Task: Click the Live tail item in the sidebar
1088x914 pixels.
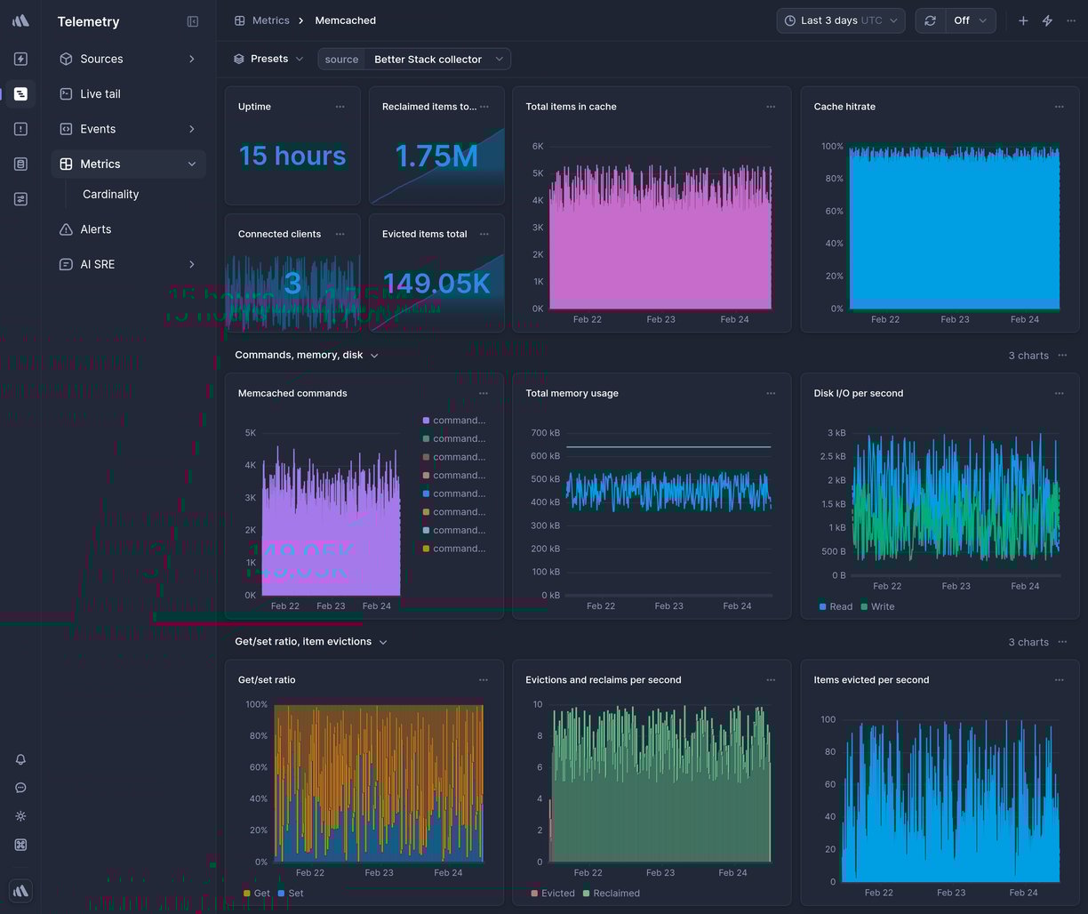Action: pos(100,93)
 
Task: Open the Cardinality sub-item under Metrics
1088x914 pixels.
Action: pos(110,194)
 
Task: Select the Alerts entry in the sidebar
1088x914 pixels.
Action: pos(95,229)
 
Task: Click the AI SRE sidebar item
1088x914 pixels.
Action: pos(97,264)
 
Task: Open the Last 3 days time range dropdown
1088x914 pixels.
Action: pos(840,20)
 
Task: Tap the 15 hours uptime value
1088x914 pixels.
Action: pos(292,156)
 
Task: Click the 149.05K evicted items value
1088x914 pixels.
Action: pos(436,284)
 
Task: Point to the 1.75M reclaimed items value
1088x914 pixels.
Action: pos(436,156)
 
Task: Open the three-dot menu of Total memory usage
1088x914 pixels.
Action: pos(771,393)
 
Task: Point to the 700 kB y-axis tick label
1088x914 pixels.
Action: pos(544,433)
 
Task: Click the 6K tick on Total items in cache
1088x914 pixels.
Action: pos(538,146)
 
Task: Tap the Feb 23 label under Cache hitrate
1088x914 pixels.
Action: pos(955,319)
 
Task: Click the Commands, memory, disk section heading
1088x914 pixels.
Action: pos(299,355)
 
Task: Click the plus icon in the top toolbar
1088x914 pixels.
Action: pos(1023,20)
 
